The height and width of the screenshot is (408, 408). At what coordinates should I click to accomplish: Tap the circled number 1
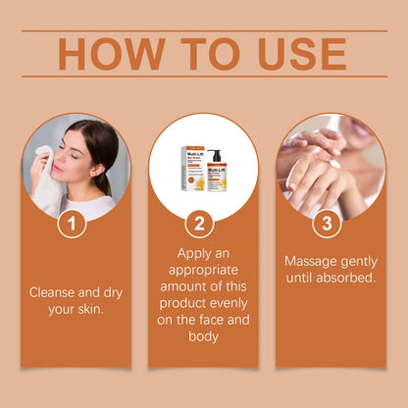point(72,223)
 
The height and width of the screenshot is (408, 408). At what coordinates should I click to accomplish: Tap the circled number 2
point(199,223)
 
